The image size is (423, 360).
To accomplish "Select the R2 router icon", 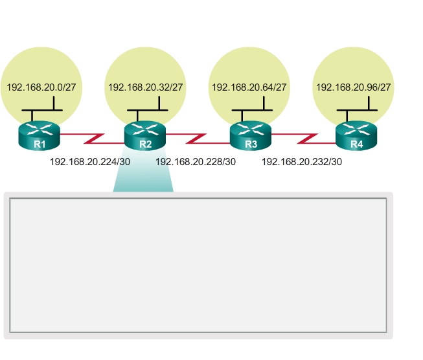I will click(145, 136).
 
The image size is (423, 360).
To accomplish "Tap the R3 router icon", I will click(251, 136).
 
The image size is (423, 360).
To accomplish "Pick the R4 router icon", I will click(356, 136).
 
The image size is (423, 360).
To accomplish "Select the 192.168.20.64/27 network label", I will click(249, 87).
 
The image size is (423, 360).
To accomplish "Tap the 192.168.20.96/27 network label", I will click(354, 87).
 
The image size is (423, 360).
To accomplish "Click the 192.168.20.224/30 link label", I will click(90, 162).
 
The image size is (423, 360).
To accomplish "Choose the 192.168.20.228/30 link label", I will click(196, 162).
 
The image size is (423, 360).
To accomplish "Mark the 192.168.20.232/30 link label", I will click(302, 162).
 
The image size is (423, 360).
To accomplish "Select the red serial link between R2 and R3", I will click(198, 139).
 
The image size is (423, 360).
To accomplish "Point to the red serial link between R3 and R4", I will click(303, 139).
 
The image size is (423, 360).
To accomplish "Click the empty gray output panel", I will click(198, 265).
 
